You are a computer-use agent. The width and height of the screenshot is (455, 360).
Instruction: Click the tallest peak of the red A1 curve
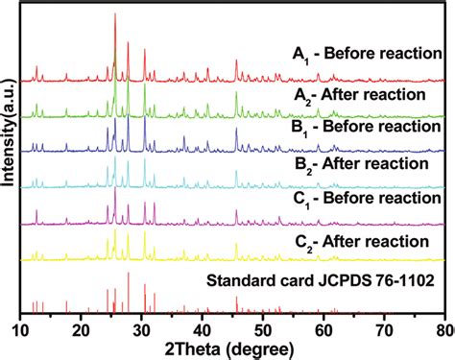pos(115,15)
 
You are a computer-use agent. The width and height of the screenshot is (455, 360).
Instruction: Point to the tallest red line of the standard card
pos(129,274)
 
